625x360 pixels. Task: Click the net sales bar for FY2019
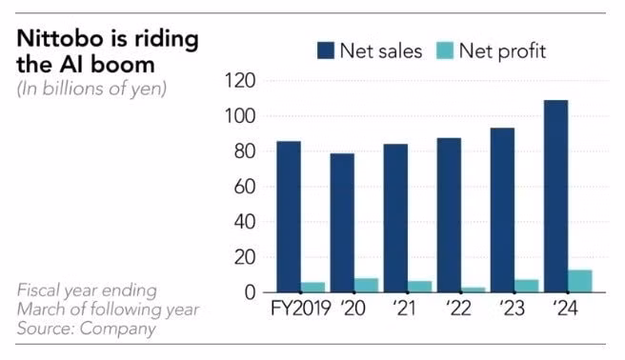(289, 216)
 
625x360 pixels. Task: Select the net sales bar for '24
(555, 196)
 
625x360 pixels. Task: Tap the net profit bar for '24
(580, 281)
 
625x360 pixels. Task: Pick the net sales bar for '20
(342, 223)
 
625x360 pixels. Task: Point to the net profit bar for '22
(474, 290)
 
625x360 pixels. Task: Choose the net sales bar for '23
(502, 210)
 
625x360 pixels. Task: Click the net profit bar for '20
(366, 285)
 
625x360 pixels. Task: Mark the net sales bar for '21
(395, 218)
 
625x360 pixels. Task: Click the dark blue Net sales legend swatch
(326, 50)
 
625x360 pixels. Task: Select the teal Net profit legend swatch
(445, 50)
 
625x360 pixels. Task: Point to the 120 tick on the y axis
(240, 81)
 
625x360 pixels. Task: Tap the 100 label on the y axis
(240, 116)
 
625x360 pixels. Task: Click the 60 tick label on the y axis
(244, 187)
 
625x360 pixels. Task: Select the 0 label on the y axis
(250, 292)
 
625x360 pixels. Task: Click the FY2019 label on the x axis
(301, 309)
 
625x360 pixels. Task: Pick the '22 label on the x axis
(458, 309)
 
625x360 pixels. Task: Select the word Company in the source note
(117, 329)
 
